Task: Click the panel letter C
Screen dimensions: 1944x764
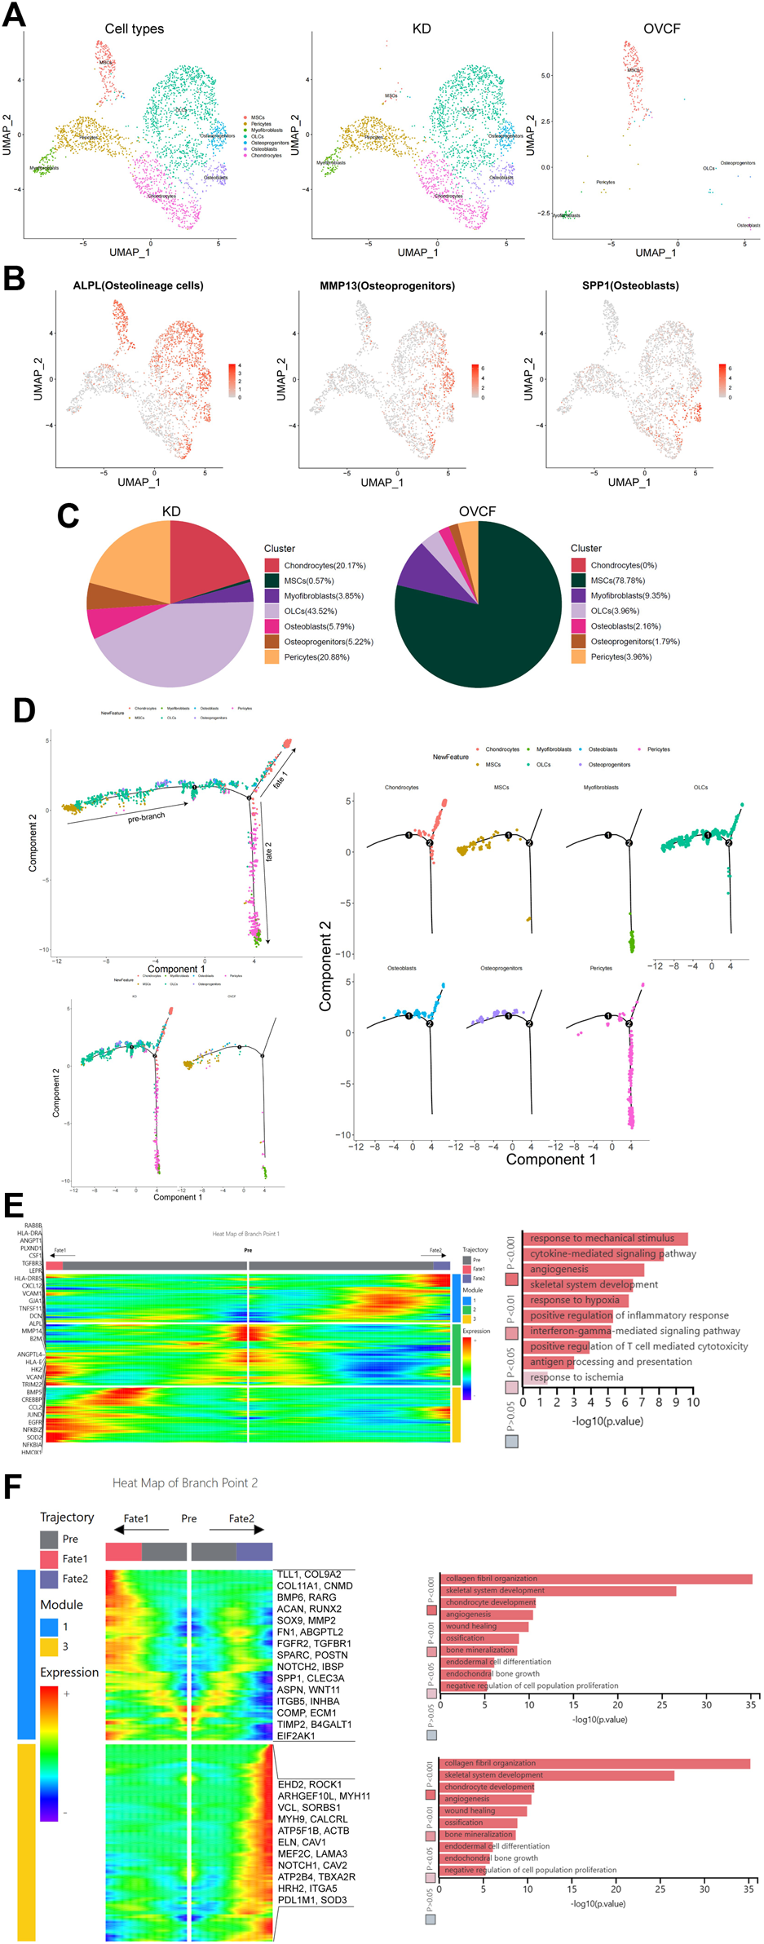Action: [68, 515]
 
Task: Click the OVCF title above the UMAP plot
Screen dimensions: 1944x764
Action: [661, 29]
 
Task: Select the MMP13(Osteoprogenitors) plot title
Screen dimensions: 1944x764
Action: [387, 285]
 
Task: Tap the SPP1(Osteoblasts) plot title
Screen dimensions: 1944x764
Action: [630, 285]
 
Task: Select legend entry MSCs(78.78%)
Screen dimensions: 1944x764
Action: [617, 581]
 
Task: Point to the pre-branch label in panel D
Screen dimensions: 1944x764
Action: [146, 816]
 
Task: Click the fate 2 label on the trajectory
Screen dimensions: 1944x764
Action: [268, 851]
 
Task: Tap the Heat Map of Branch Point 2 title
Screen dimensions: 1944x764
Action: [185, 1482]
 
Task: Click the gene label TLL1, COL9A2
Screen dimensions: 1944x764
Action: [309, 1574]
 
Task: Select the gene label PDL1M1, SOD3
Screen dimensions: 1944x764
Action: [312, 1899]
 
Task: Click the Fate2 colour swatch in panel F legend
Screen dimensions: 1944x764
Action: [49, 1579]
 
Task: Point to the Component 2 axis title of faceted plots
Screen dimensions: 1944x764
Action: [325, 966]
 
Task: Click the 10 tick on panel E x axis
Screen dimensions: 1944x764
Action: [692, 1402]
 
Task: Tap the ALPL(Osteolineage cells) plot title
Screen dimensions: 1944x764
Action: [139, 285]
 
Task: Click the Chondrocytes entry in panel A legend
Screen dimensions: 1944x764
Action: [266, 155]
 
